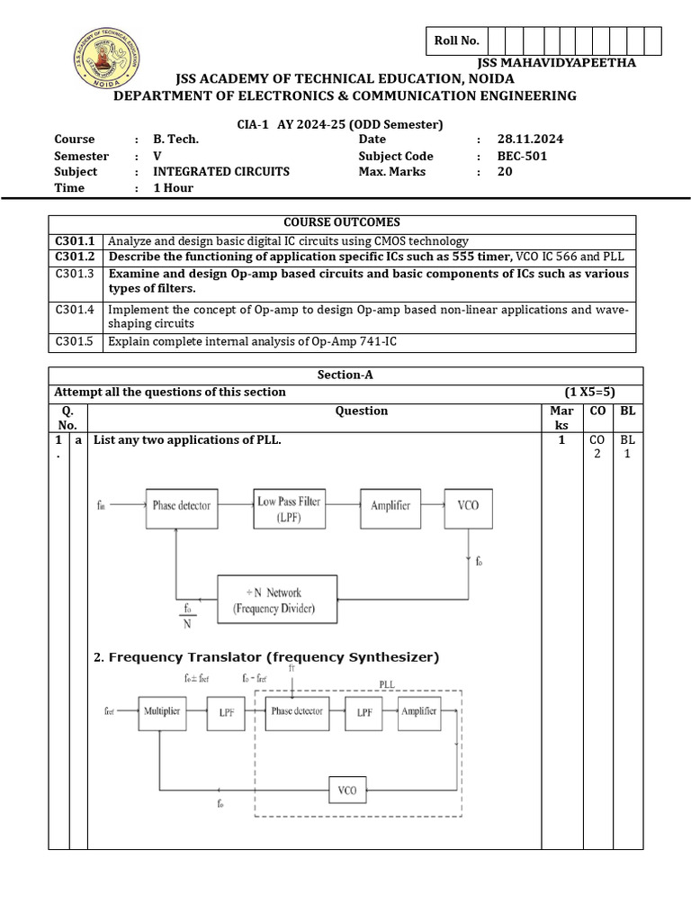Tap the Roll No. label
(x=457, y=41)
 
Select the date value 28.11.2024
(x=531, y=139)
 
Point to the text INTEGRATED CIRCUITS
(x=221, y=171)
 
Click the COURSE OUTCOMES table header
(x=342, y=222)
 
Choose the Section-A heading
(x=345, y=375)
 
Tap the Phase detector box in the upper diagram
(x=182, y=505)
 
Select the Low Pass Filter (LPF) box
(x=289, y=507)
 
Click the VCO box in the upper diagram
(x=468, y=505)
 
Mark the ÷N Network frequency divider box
(x=279, y=600)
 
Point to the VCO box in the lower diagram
(x=346, y=791)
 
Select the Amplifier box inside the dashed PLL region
(x=418, y=711)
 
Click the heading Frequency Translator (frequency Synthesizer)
(x=266, y=657)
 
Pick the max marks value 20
(x=505, y=171)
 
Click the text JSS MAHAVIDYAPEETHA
(x=558, y=62)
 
